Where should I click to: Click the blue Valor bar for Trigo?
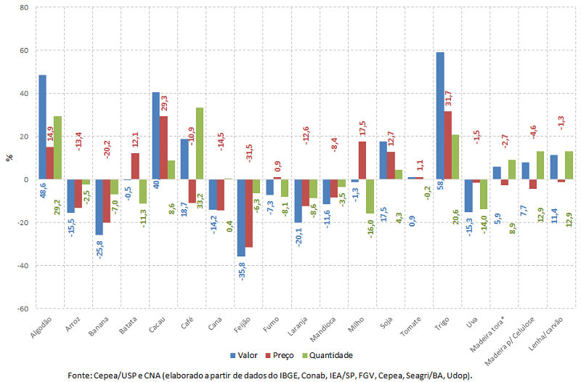tap(440, 115)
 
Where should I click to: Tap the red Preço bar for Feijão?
tap(248, 213)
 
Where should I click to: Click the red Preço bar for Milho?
tap(362, 160)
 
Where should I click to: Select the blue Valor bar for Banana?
tap(99, 207)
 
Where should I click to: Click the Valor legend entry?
tap(243, 355)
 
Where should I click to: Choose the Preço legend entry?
tap(282, 355)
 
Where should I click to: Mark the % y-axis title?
tap(9, 158)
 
